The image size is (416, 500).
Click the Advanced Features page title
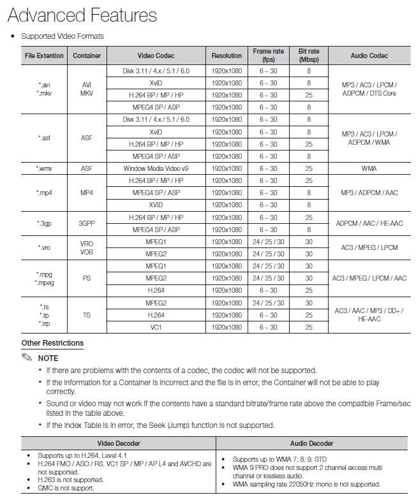[x=82, y=14]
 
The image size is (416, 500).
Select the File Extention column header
[x=44, y=55]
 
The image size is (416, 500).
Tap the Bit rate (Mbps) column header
[x=308, y=55]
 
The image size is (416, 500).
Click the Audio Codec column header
[x=369, y=55]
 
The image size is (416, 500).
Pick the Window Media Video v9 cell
[x=156, y=168]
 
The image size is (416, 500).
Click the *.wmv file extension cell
[x=44, y=168]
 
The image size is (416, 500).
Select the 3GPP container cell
[x=87, y=224]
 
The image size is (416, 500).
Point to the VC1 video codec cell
[x=156, y=327]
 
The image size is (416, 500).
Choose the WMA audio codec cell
[x=369, y=168]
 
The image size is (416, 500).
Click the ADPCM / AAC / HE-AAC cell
[x=369, y=224]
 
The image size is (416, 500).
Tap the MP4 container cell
[x=87, y=193]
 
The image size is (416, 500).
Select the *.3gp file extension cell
[x=44, y=224]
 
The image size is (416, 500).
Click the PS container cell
[x=87, y=278]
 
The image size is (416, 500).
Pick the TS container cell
[x=87, y=315]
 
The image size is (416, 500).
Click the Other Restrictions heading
[x=52, y=343]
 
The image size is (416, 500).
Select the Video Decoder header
[x=119, y=443]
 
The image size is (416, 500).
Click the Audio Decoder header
[x=311, y=443]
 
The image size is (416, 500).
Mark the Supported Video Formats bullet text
[x=62, y=36]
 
